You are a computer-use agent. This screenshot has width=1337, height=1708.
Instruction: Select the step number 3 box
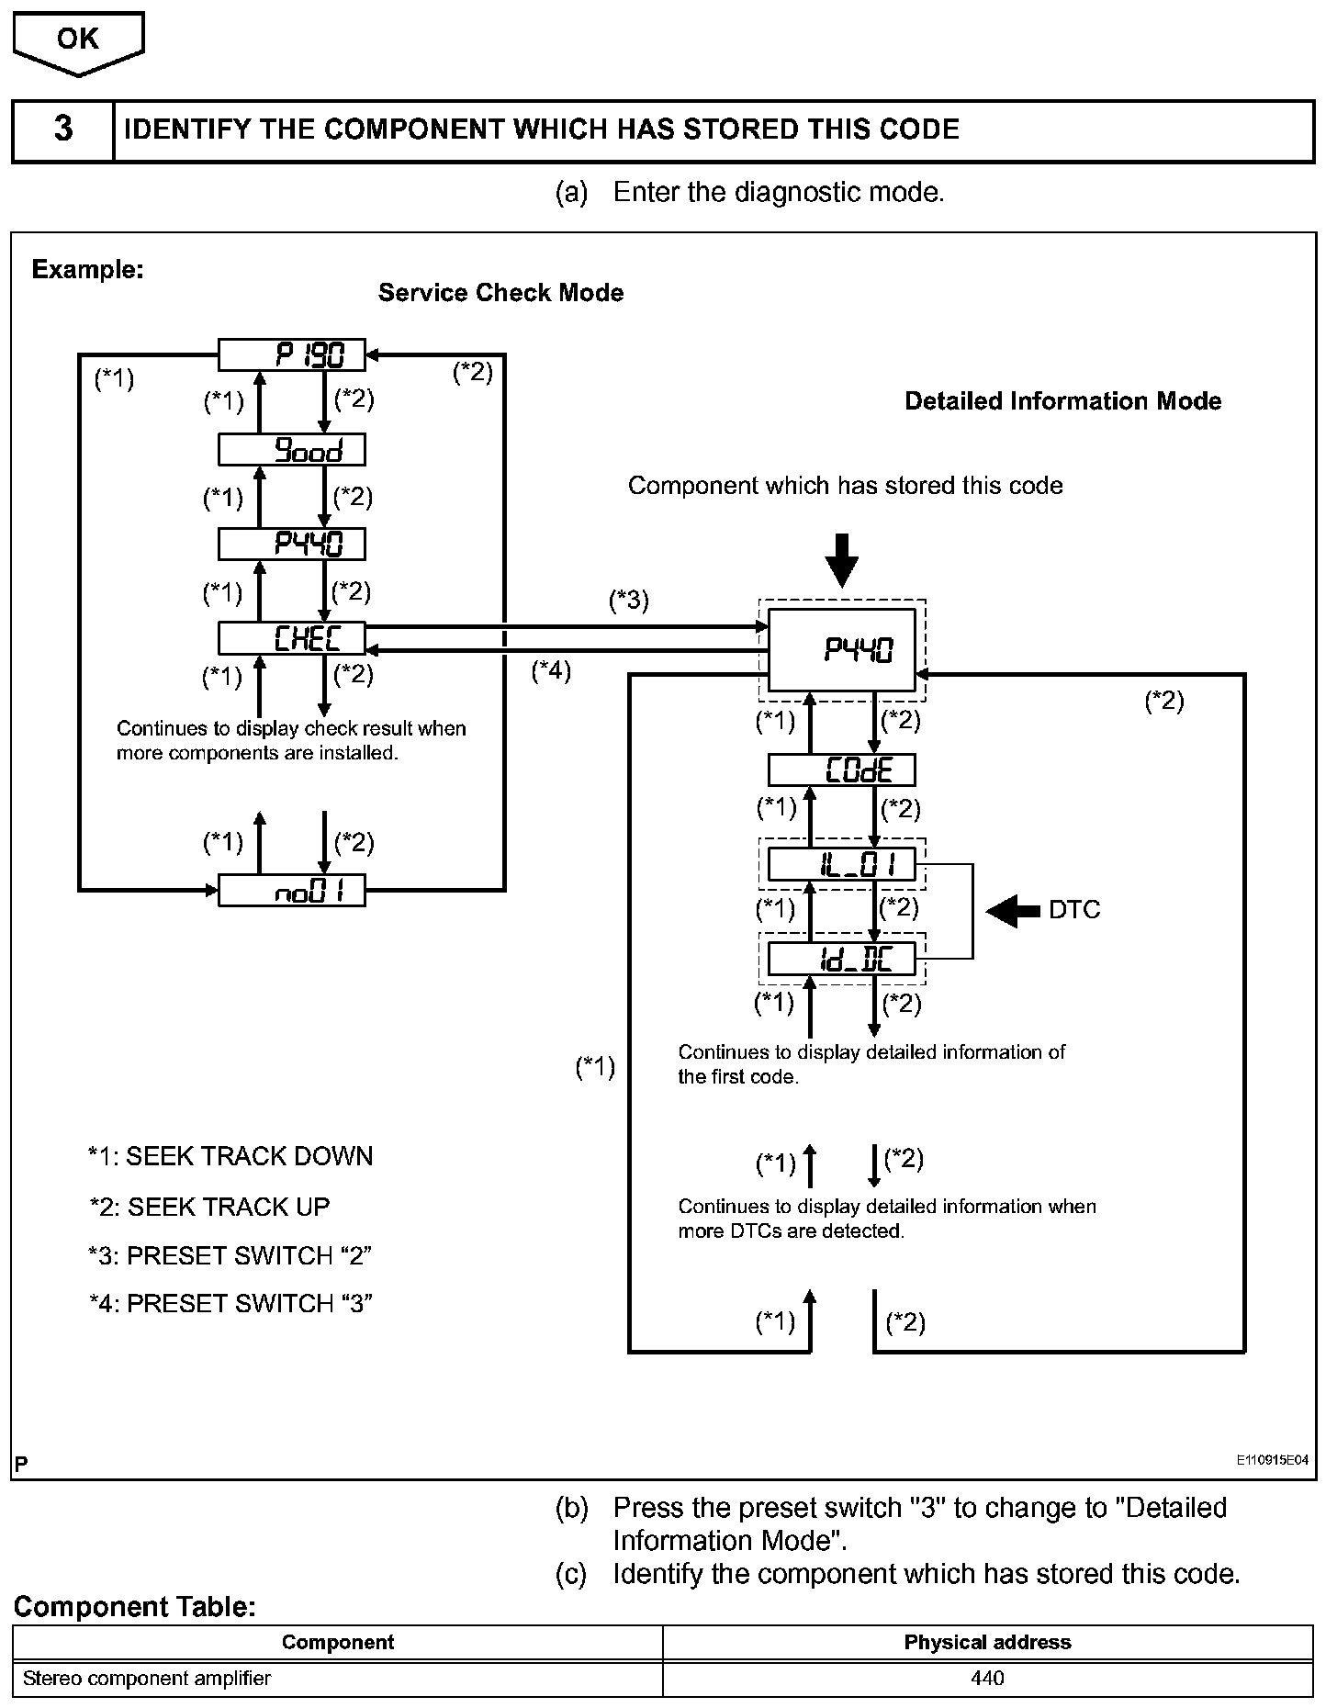coord(63,129)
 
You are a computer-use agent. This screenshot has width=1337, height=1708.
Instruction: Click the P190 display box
coord(291,354)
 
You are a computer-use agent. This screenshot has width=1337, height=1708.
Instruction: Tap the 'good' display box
coord(291,450)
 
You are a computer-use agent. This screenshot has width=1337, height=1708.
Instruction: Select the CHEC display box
coord(291,638)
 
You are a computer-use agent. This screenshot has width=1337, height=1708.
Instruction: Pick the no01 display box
coord(291,891)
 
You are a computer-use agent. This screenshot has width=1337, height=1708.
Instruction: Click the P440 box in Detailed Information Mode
coord(842,650)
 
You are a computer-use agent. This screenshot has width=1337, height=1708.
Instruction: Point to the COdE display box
coord(842,770)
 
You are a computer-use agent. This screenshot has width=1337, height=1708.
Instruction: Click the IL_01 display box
coord(842,865)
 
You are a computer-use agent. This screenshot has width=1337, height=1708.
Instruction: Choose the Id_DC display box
coord(842,960)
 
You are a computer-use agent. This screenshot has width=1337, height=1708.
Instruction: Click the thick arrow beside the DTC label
coord(1013,911)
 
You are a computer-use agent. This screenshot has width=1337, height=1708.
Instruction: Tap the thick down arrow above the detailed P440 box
coord(841,558)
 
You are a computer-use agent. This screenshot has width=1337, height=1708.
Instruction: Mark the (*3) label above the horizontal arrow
coord(629,601)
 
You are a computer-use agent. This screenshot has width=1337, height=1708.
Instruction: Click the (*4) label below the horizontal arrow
coord(551,671)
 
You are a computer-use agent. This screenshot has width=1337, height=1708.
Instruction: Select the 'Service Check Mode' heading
coord(500,293)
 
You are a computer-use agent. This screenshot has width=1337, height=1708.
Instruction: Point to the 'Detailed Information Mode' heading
coord(1062,401)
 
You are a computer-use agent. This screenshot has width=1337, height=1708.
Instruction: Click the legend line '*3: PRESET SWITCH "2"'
coord(230,1255)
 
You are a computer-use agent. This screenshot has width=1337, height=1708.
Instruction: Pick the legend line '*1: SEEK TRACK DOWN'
coord(230,1156)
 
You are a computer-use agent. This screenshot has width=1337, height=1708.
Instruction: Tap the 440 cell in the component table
coord(987,1679)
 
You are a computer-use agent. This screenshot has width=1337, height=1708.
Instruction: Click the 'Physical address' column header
coord(987,1642)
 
